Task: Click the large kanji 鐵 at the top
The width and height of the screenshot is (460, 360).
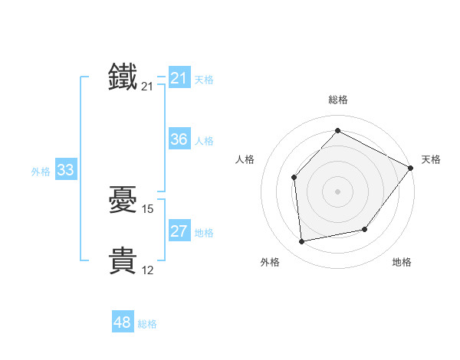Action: (x=123, y=77)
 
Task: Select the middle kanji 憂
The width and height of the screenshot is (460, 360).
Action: (x=123, y=200)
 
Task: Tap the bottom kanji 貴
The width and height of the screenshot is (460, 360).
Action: (x=123, y=261)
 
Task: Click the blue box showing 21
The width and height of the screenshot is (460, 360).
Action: (x=179, y=78)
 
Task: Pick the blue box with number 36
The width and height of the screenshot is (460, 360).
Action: (x=179, y=139)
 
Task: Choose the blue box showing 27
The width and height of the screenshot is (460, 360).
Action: (x=179, y=231)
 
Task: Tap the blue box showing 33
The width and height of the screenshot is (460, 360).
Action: (x=65, y=170)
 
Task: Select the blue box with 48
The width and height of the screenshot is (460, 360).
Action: (x=122, y=322)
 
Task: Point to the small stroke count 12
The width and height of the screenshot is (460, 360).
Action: (x=148, y=270)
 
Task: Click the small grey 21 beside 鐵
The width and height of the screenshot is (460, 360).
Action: (x=148, y=87)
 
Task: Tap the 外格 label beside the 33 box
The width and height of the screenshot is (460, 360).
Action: (x=41, y=172)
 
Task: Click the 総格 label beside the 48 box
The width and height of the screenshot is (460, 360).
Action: (x=147, y=324)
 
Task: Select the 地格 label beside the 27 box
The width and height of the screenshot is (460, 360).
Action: (x=204, y=233)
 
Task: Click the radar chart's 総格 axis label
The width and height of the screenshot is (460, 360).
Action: (x=337, y=100)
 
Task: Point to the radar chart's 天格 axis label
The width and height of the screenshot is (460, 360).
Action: (x=431, y=159)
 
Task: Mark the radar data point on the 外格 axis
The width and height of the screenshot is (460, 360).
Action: (x=302, y=242)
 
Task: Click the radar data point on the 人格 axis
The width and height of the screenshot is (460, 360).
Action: (x=294, y=178)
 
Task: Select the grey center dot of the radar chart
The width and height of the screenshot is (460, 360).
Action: (x=337, y=191)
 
